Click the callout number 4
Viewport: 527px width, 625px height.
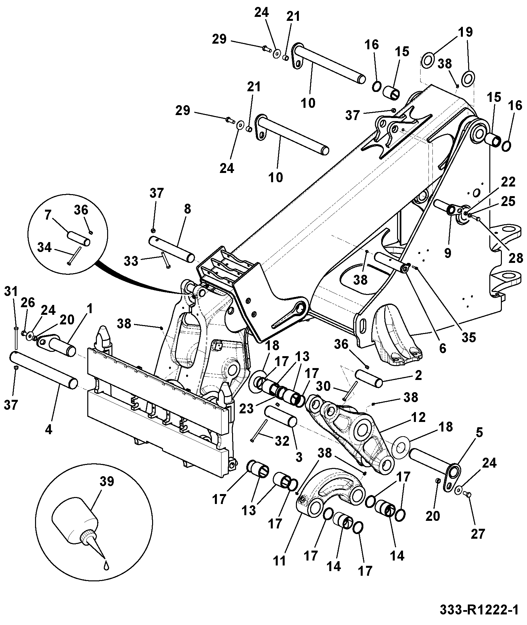[48, 430]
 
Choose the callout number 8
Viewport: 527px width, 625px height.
[187, 209]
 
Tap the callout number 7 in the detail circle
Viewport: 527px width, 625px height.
[48, 215]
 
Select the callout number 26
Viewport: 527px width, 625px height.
[28, 303]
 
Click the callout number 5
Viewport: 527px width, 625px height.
[479, 432]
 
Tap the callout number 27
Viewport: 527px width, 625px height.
[478, 534]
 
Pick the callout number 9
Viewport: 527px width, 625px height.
[447, 253]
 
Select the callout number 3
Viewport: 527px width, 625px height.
[299, 457]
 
